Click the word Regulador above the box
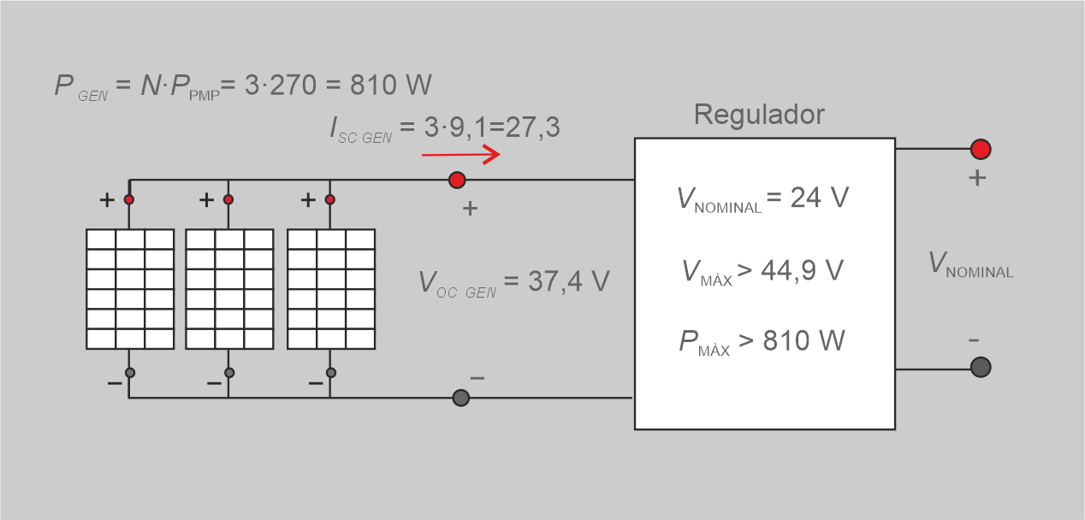[x=759, y=115]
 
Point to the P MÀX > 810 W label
[x=762, y=341]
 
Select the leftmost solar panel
[x=130, y=289]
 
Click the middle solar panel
[x=229, y=289]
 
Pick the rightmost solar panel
[x=331, y=289]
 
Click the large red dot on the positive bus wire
[x=457, y=180]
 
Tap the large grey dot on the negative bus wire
[x=460, y=398]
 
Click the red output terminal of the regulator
[x=981, y=149]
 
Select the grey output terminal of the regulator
[x=981, y=367]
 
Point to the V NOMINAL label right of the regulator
[x=970, y=264]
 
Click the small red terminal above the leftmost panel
[x=129, y=199]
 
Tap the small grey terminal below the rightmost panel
[x=331, y=373]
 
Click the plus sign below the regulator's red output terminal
[x=977, y=179]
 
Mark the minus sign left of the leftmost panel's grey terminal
[x=114, y=383]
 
